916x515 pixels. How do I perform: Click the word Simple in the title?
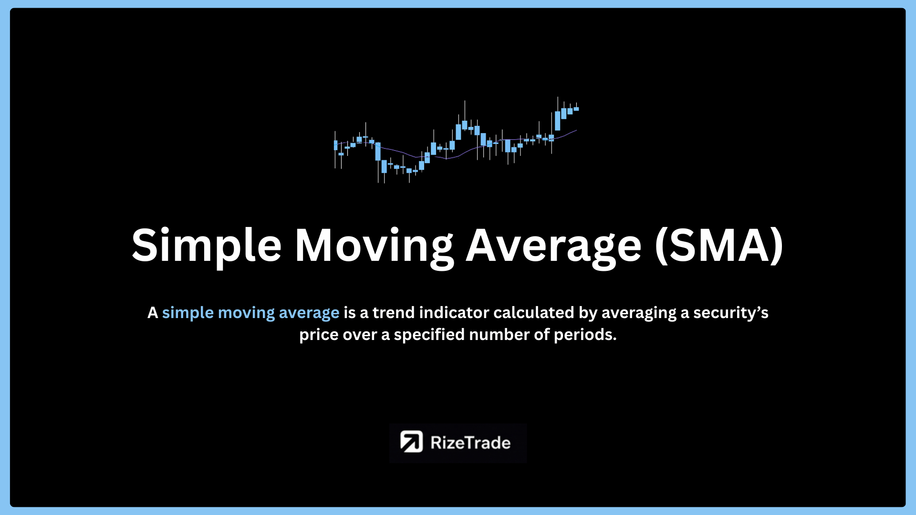pos(207,246)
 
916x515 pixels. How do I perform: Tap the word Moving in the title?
pos(375,246)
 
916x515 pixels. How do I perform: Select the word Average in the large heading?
pos(553,246)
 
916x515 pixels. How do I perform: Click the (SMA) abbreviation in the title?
pos(719,245)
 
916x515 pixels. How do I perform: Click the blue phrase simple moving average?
pos(250,313)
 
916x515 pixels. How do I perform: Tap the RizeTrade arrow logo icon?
pos(411,442)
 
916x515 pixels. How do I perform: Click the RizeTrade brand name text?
pos(470,443)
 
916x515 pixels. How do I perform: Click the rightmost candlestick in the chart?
pos(576,109)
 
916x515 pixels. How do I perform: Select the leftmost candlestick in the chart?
pos(335,145)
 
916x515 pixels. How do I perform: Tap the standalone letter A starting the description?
pos(153,312)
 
